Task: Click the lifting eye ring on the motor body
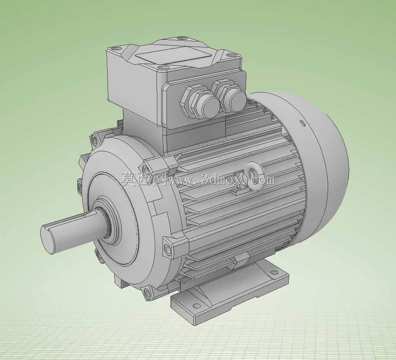tap(255, 175)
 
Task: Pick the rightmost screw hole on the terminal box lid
tap(230, 55)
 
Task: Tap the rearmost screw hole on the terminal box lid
tap(181, 38)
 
